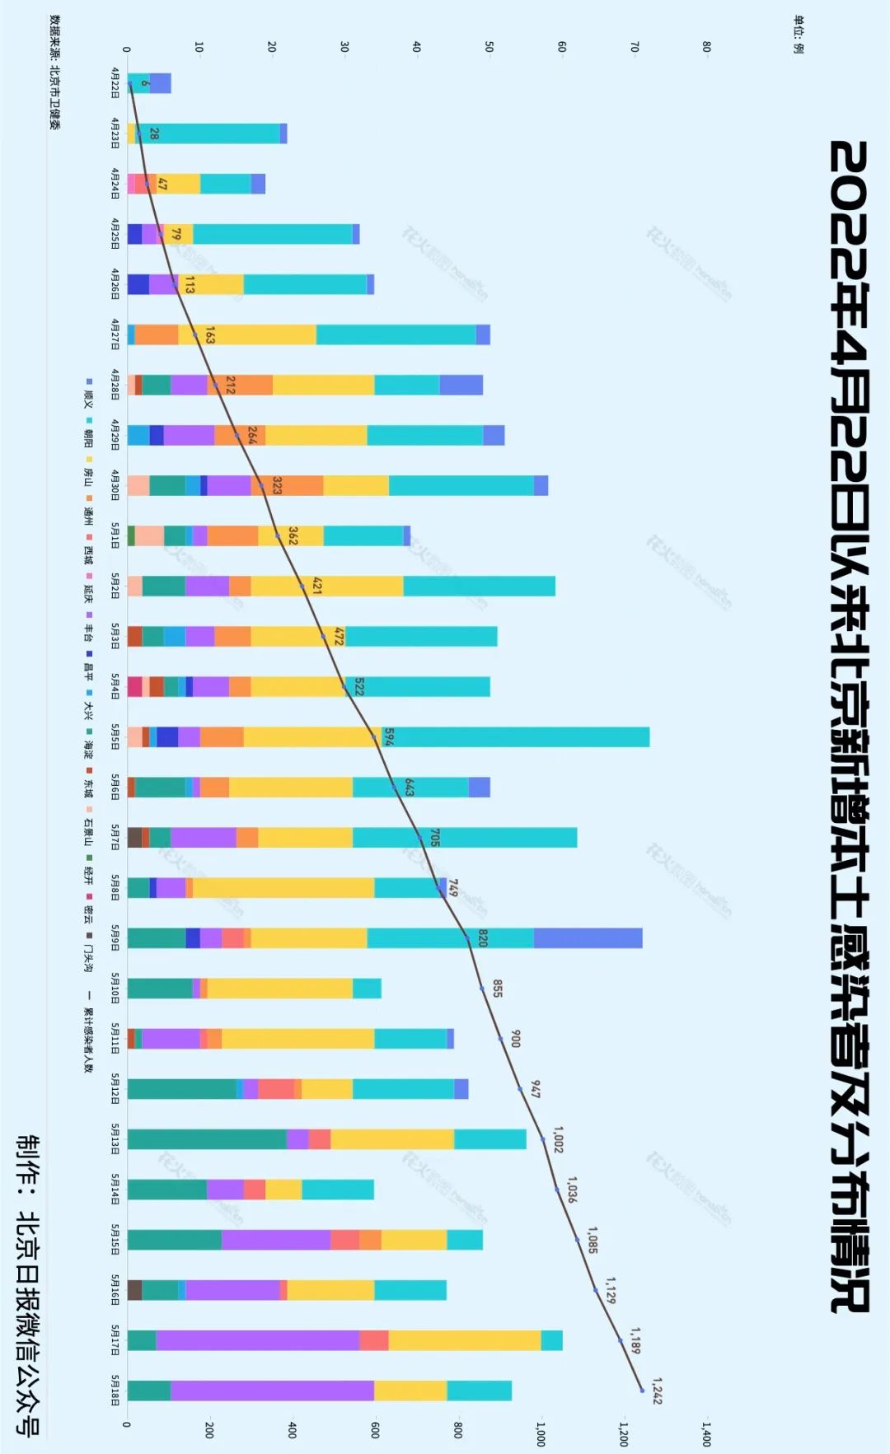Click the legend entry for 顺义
click(x=88, y=394)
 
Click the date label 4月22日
click(x=115, y=83)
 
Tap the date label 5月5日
click(x=115, y=737)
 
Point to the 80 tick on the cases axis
click(x=706, y=47)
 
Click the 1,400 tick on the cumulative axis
click(x=706, y=1434)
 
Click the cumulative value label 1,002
click(x=558, y=1139)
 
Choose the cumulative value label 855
click(x=497, y=989)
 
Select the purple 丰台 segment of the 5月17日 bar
click(x=257, y=1340)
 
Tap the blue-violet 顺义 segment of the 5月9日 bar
click(x=588, y=938)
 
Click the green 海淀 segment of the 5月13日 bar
click(x=207, y=1139)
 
